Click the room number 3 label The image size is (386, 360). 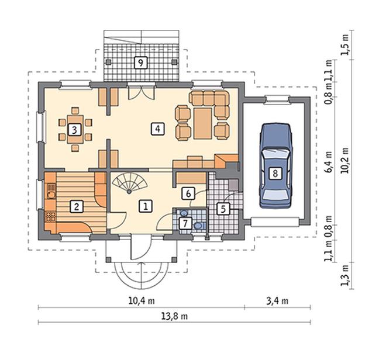74,130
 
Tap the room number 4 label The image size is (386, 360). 157,129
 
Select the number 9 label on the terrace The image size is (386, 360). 140,63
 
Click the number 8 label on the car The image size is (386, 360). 275,173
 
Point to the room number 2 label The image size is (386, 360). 76,206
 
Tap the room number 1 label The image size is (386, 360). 146,206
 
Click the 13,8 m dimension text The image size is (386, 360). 174,316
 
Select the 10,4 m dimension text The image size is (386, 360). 142,301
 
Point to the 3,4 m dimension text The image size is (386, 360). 277,301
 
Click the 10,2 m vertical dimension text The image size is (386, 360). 345,161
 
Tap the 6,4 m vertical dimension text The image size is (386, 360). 328,162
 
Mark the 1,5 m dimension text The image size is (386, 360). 345,45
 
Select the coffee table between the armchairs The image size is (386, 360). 203,123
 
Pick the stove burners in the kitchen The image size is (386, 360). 51,217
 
